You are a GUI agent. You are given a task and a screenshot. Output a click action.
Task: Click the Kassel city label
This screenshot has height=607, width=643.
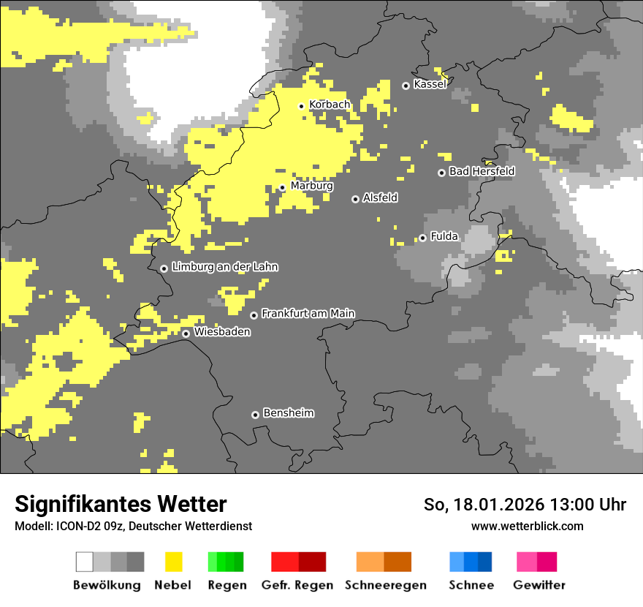430,84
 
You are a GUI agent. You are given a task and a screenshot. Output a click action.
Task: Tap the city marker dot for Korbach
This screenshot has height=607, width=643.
301,106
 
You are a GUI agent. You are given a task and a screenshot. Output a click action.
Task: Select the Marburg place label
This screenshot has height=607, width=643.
311,186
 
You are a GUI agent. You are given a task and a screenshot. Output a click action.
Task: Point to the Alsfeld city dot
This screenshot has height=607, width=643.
355,199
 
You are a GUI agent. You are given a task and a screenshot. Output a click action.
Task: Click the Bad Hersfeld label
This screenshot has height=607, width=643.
482,171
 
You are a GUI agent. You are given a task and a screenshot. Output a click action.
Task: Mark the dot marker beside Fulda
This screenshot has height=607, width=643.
422,238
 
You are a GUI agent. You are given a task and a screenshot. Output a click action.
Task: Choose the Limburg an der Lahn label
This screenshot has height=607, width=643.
224,267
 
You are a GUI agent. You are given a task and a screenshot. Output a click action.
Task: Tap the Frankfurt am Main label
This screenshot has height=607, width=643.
308,313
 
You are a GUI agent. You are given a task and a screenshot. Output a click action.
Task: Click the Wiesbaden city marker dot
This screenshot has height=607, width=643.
186,333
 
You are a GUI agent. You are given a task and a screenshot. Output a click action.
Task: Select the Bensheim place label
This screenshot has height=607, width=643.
288,412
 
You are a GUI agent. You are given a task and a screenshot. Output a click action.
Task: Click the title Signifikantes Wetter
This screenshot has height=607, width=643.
121,504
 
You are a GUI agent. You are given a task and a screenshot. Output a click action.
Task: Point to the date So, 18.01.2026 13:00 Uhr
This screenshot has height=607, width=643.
525,505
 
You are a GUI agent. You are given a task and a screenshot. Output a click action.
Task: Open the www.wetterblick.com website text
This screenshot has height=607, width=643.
527,526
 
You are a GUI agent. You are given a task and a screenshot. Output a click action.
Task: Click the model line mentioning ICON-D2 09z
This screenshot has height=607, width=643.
133,526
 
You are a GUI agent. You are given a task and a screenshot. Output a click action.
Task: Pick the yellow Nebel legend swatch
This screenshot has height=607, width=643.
173,562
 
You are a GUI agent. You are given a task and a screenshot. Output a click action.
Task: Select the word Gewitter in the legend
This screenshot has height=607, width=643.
539,585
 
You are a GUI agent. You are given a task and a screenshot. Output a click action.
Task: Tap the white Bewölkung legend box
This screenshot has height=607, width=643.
85,562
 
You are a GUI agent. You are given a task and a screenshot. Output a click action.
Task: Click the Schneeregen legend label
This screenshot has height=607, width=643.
385,585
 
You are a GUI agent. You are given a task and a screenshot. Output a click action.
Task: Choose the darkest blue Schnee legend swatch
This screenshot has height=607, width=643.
484,562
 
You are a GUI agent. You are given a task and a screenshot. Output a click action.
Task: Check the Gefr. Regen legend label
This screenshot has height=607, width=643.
297,585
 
